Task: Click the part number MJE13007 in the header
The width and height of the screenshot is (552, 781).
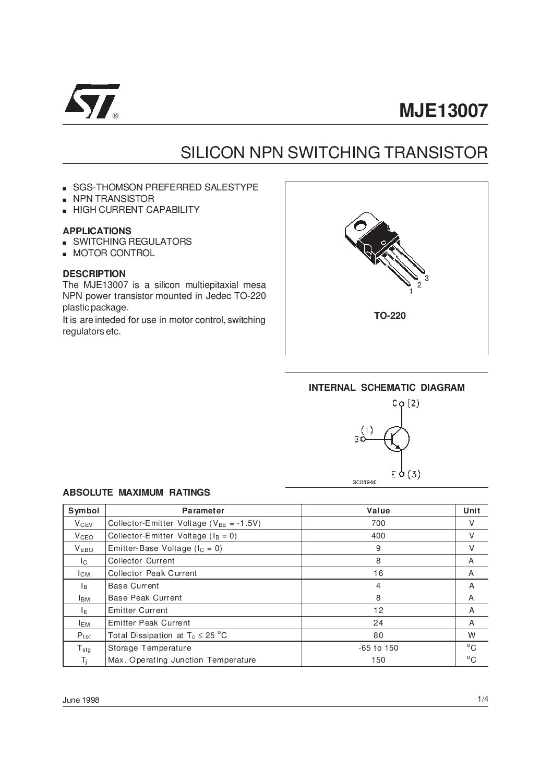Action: click(443, 111)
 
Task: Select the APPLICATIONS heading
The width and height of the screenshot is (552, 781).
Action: click(97, 231)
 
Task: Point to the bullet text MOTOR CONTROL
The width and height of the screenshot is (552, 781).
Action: click(114, 253)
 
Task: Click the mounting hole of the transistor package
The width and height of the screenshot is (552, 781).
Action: click(359, 226)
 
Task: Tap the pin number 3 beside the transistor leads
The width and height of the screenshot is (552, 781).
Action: click(426, 279)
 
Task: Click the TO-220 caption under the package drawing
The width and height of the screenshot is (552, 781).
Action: click(389, 316)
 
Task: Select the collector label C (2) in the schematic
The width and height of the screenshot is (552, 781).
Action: click(405, 403)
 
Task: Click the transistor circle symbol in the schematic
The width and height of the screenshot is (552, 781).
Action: click(397, 439)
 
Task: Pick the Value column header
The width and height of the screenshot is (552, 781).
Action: click(378, 511)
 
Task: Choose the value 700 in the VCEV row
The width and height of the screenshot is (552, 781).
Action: click(378, 523)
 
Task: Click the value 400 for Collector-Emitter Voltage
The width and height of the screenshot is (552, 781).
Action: click(378, 536)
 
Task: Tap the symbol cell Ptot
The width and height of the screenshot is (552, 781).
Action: click(83, 635)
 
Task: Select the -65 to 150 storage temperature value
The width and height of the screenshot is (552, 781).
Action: click(378, 648)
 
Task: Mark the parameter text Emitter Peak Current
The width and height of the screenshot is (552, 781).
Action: click(149, 623)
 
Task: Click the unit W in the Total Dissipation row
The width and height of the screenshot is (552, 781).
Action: click(471, 635)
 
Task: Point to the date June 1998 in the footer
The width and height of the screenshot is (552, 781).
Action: click(81, 700)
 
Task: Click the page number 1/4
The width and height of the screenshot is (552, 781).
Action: click(482, 699)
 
